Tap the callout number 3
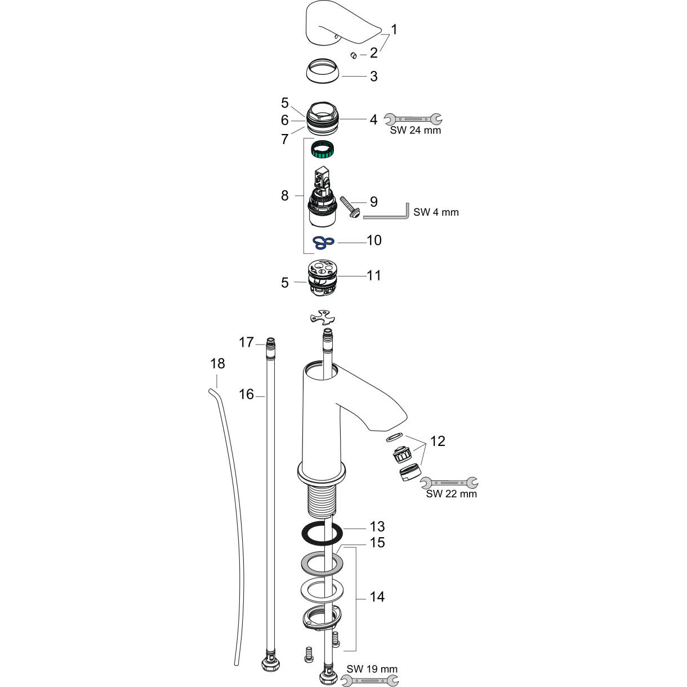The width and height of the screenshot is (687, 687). click(374, 76)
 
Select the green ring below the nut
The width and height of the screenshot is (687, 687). click(323, 150)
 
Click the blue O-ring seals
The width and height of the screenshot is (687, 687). click(324, 242)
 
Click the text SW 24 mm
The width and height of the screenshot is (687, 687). click(416, 131)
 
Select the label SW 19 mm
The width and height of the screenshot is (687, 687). click(372, 669)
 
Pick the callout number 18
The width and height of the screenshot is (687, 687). click(217, 364)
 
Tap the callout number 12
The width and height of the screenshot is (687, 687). click(438, 441)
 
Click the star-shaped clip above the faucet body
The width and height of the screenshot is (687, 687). click(319, 318)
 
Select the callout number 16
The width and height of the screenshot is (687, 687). click(246, 394)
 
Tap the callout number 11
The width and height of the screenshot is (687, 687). click(374, 275)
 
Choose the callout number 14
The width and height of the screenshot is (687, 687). click(377, 596)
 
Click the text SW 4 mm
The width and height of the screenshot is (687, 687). click(436, 212)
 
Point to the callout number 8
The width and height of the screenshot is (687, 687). click(284, 195)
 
